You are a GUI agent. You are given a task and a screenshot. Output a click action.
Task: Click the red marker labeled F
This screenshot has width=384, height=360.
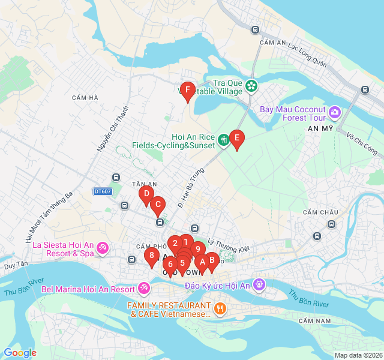188,91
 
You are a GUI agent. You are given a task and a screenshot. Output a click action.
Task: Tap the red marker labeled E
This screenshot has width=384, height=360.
237,139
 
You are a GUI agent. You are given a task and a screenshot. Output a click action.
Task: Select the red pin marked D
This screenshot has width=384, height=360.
146,194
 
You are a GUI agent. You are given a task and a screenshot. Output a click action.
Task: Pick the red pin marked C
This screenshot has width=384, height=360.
158,205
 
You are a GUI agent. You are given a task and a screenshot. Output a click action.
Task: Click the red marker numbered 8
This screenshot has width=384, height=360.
151,256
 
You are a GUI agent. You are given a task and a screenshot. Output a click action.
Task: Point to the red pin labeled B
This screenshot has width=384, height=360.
211,260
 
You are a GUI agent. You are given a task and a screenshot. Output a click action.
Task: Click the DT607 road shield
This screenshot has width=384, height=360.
103,191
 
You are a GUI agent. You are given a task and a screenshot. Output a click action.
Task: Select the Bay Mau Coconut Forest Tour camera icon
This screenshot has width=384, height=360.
334,112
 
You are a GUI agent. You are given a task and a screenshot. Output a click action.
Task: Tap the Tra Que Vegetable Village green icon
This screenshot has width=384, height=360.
251,86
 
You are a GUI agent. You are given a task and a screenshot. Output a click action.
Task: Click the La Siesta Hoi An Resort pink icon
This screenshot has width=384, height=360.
102,247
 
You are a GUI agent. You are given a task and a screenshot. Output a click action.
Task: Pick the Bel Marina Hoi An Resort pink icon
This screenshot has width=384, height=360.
144,289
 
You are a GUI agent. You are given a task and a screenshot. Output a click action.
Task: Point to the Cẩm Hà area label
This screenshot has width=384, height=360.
84,98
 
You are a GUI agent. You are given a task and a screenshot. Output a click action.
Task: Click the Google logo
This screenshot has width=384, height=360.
20,353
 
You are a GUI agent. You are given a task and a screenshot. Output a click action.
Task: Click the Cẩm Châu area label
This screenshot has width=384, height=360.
320,212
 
